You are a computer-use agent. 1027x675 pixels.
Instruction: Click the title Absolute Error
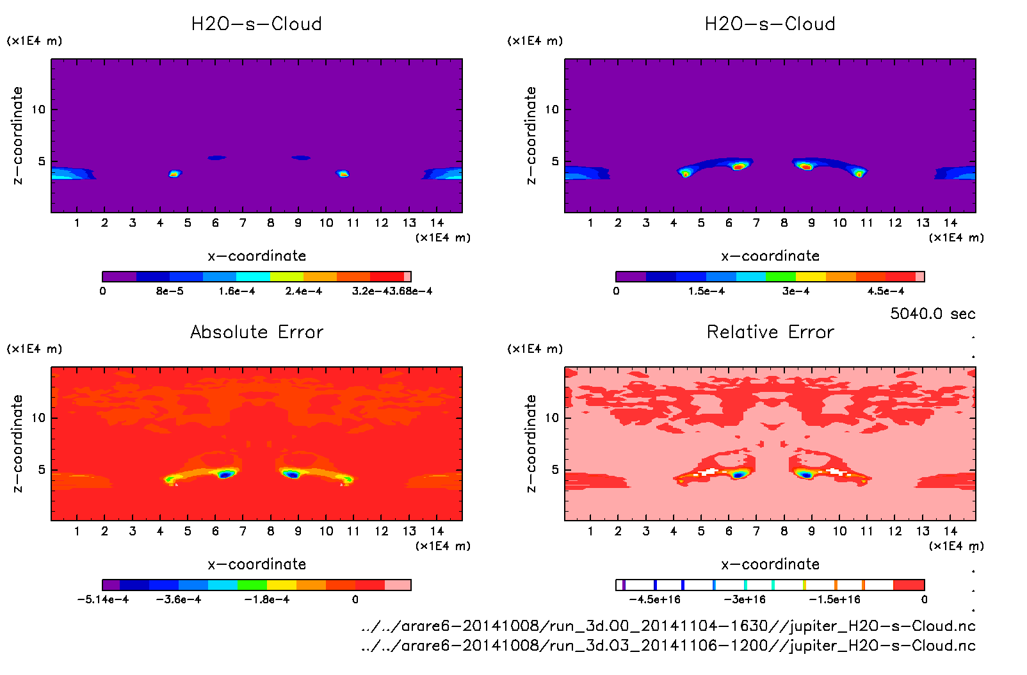(257, 332)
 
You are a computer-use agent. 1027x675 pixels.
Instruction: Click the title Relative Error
(770, 332)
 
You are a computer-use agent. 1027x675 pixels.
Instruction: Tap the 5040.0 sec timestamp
(932, 314)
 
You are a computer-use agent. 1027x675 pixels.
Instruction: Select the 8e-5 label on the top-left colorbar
(170, 291)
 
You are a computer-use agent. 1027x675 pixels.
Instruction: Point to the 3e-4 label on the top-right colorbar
(796, 291)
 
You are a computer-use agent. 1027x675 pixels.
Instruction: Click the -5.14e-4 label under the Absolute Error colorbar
(103, 599)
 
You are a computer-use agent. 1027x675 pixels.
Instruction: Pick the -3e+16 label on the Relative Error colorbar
(745, 599)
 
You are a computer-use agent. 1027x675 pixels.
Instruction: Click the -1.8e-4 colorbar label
(267, 599)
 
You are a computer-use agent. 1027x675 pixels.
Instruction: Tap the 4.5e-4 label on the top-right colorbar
(886, 291)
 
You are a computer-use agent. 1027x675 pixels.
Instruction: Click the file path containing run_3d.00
(668, 626)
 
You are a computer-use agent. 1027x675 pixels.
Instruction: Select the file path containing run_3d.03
(668, 646)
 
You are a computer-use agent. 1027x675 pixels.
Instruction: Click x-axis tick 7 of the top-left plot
(243, 223)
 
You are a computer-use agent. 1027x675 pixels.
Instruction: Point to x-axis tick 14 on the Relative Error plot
(950, 531)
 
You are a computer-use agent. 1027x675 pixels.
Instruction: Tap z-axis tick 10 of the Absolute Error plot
(38, 418)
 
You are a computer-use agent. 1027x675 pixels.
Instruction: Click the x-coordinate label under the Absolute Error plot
(257, 564)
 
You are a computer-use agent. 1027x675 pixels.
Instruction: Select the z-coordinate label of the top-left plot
(17, 136)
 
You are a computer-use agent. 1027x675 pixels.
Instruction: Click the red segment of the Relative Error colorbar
(909, 585)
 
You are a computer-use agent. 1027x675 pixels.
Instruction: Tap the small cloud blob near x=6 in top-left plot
(216, 158)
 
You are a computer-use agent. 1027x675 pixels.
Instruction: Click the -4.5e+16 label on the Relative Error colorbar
(655, 599)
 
